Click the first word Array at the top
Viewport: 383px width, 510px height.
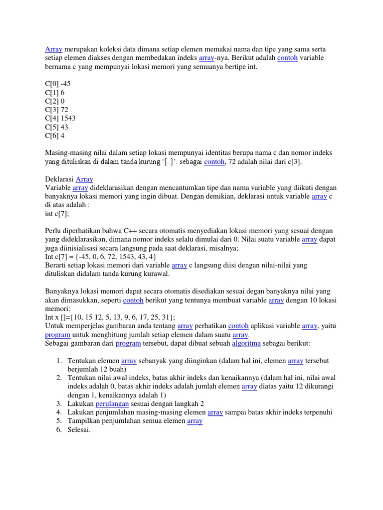(53, 49)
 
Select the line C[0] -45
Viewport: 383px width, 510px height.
(58, 84)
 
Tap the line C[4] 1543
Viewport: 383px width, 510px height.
(60, 118)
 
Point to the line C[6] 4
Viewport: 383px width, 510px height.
(55, 135)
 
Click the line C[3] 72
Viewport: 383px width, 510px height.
(57, 110)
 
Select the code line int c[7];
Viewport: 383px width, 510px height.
(57, 213)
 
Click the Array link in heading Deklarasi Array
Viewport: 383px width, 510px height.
(84, 179)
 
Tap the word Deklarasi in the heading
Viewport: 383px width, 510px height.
(59, 179)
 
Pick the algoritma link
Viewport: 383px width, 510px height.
(246, 343)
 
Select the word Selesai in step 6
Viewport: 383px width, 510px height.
(79, 430)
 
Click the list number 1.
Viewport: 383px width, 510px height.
(58, 360)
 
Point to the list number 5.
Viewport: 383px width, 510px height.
(58, 421)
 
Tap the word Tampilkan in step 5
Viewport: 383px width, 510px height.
(84, 421)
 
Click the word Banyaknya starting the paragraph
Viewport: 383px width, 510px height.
(63, 291)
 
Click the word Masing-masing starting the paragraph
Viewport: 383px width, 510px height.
(68, 153)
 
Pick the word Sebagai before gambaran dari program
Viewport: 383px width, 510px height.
(58, 343)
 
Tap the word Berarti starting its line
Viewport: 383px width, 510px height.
(56, 265)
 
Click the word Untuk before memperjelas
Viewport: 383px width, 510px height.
(54, 326)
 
